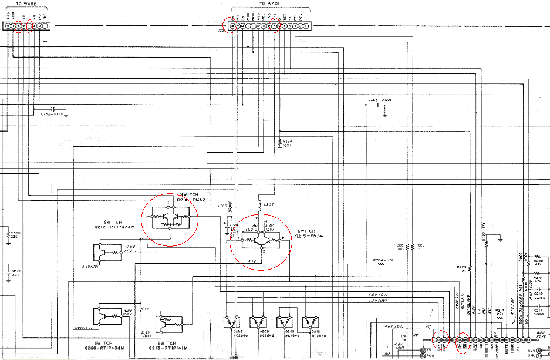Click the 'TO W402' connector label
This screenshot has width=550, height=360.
click(26, 5)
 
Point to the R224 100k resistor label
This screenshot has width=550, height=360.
click(287, 143)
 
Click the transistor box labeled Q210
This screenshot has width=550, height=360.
click(310, 321)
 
